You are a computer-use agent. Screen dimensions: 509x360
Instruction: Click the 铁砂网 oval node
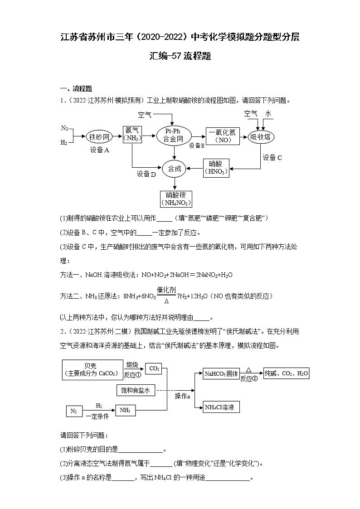tap(99, 136)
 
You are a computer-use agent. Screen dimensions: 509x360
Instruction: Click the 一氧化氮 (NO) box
tap(223, 136)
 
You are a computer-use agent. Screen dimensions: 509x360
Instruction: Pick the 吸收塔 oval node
tap(262, 136)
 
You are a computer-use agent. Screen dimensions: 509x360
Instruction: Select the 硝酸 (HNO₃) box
tap(216, 168)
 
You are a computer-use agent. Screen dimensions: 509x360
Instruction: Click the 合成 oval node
tap(174, 169)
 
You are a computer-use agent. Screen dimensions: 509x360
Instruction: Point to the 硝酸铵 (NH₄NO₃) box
tap(175, 199)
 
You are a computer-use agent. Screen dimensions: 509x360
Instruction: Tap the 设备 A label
tap(99, 150)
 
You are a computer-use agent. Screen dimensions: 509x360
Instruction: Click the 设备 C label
tap(272, 157)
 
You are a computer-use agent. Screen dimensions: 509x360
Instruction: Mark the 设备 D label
tap(146, 174)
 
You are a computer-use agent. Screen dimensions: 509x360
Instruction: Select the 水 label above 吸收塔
tap(268, 113)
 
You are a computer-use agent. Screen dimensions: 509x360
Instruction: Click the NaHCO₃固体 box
tap(221, 374)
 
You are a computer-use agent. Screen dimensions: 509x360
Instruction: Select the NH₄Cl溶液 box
tap(221, 407)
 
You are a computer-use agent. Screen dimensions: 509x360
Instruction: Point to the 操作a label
tap(182, 396)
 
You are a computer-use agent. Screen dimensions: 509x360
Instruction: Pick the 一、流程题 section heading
tap(76, 89)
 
